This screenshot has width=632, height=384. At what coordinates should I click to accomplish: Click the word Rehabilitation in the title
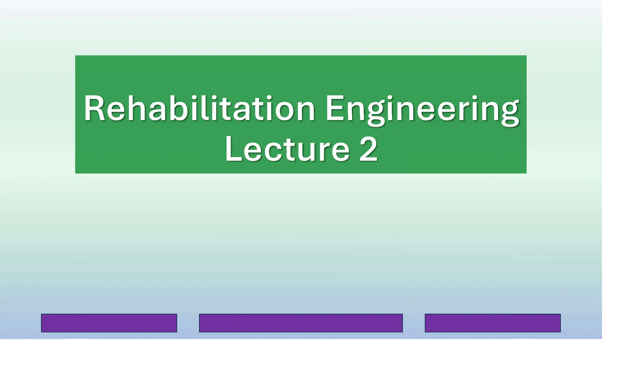point(199,108)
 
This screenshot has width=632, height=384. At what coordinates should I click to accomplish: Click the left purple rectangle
point(109,323)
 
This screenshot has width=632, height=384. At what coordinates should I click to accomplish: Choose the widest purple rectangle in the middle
point(301,323)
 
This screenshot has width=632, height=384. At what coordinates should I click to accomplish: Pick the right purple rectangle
point(493,323)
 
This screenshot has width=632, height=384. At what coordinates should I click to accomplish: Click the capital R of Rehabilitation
point(94,108)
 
